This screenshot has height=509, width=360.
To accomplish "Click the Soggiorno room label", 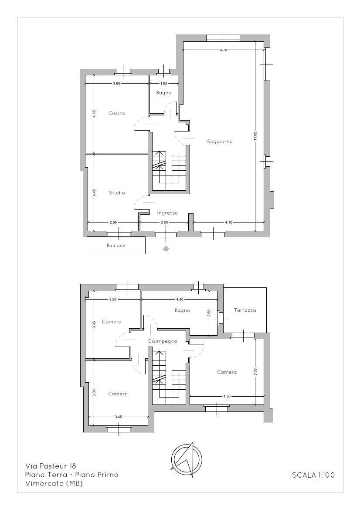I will tap(220, 141).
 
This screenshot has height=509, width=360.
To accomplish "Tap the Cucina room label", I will tap(117, 113).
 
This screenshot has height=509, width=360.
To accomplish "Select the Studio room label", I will tap(117, 192).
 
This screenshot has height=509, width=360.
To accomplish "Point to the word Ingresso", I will tap(167, 213).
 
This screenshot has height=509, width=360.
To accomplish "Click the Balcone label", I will tap(116, 246).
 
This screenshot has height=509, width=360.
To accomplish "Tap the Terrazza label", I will tap(245, 310).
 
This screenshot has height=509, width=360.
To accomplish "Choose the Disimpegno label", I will tap(163, 341).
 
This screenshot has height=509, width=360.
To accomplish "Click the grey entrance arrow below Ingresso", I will tap(166, 249).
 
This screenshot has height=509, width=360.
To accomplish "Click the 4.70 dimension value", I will tap(223, 50).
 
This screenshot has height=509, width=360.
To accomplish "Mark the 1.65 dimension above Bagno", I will tap(164, 83).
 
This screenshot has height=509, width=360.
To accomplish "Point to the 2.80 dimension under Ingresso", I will tap(164, 222).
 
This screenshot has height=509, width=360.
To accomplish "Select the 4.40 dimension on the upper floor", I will tap(180, 299).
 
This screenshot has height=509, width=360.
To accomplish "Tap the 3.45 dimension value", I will tap(118, 417).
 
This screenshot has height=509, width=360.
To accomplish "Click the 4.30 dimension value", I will tap(227, 396).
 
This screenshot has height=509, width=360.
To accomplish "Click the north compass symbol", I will tap(187, 459).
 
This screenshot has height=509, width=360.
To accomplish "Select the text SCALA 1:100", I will tap(313, 475).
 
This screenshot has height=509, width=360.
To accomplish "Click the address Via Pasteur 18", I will tap(51, 466).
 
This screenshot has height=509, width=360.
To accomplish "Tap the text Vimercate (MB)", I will tap(54, 484).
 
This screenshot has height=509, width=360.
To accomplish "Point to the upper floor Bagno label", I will tap(182, 310).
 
